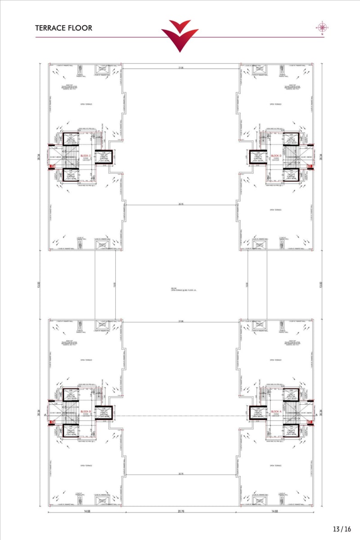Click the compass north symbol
(x=322, y=27)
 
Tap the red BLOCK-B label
(x=86, y=411)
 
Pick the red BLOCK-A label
(x=276, y=411)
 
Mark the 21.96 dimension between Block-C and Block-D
(x=181, y=67)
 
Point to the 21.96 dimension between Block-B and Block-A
(x=181, y=321)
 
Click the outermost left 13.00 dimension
(x=39, y=284)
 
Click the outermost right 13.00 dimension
(x=321, y=284)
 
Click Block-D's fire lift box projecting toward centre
(x=258, y=156)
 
